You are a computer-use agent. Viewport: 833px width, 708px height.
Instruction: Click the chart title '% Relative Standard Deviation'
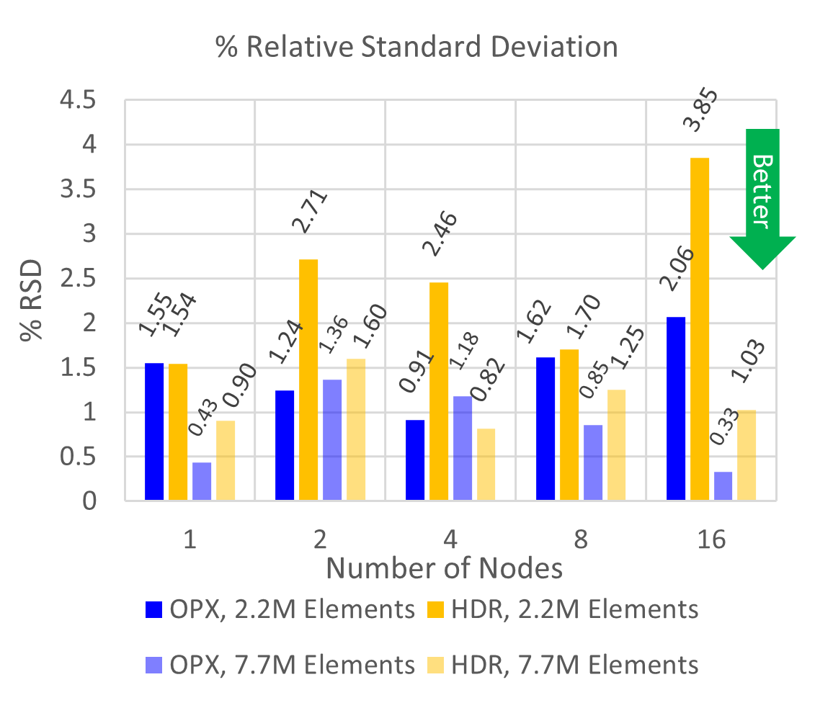point(416,48)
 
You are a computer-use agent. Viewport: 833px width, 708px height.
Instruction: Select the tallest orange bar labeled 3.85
point(700,328)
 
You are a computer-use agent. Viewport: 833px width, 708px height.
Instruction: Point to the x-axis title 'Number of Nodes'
point(444,569)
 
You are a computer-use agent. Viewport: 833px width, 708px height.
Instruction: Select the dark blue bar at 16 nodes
point(676,408)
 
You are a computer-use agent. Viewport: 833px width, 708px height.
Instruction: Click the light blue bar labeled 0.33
point(723,485)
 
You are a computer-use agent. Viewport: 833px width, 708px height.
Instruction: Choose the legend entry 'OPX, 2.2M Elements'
point(280,609)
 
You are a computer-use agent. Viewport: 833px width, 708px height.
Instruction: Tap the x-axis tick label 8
point(581,539)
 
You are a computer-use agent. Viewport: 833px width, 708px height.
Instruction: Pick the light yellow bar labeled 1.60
point(356,429)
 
